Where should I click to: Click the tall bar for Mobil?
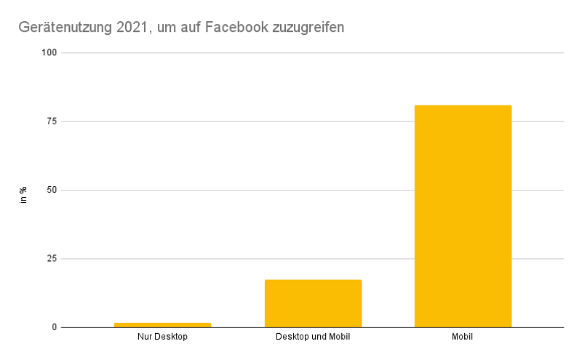coord(463,216)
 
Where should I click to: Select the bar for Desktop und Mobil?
coord(313,303)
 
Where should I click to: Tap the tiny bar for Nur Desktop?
coord(162,324)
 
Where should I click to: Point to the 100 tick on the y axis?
coord(50,53)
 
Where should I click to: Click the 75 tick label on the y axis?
coord(52,121)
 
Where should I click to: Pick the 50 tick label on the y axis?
coord(52,190)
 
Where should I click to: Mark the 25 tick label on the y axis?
coord(52,259)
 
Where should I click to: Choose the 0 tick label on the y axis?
coord(55,327)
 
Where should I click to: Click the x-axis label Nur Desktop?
coord(162,338)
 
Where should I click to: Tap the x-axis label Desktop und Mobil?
coord(313,338)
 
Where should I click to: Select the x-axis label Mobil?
coord(463,338)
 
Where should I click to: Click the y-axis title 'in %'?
coord(23,194)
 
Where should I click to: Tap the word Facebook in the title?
coord(235,28)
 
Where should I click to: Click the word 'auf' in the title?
coord(191,28)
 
